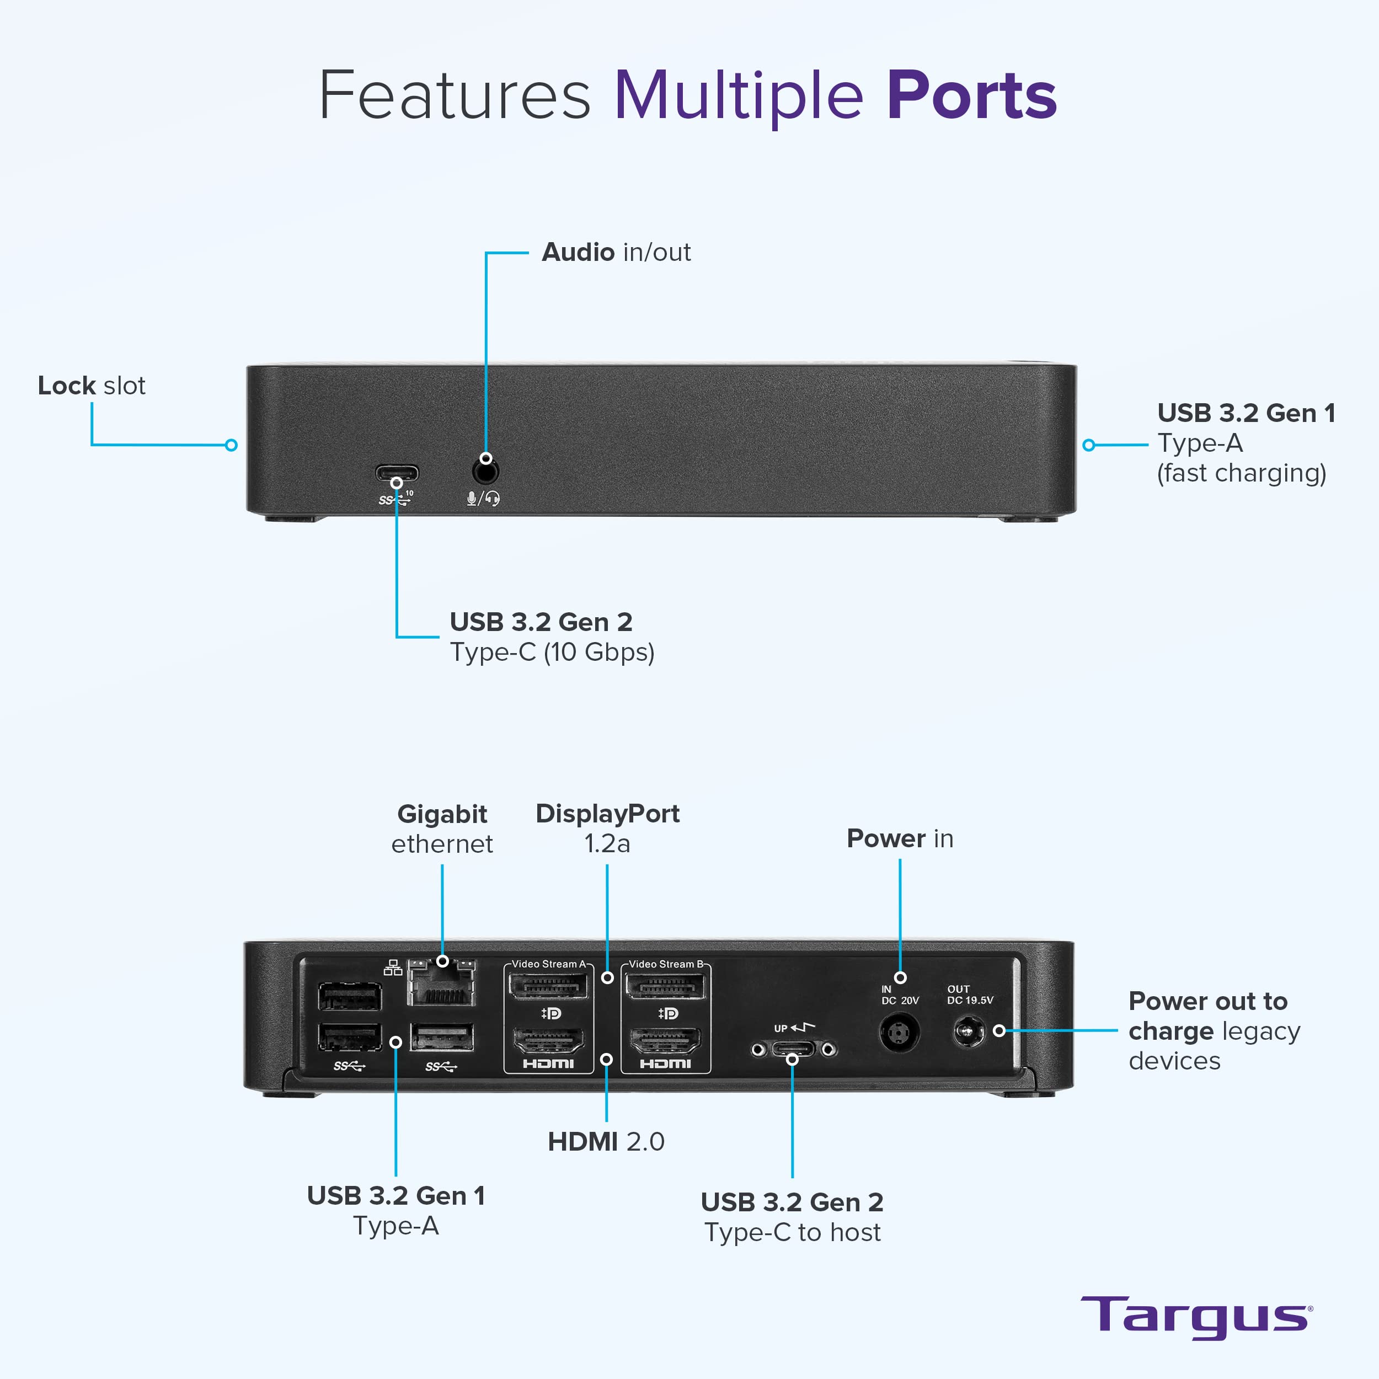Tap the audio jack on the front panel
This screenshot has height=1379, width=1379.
485,472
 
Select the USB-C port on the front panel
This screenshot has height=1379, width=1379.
397,473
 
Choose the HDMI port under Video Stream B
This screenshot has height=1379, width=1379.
665,1041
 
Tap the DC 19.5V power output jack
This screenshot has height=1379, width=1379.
968,1032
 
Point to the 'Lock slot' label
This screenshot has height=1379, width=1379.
92,386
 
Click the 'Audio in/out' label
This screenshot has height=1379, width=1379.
616,252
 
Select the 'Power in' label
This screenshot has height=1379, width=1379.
899,838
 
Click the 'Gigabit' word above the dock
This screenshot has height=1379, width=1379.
442,814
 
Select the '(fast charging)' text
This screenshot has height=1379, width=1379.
1241,473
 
